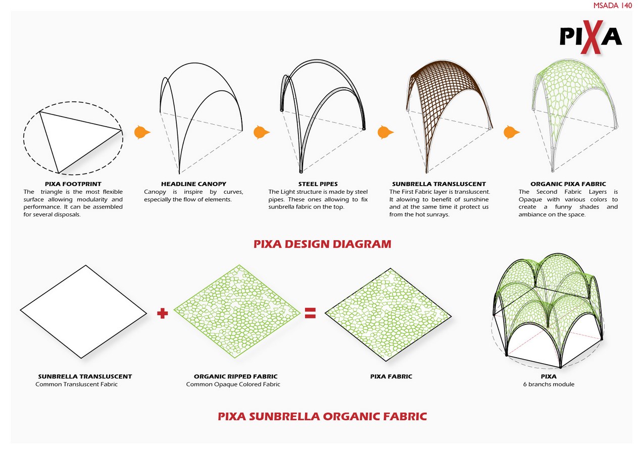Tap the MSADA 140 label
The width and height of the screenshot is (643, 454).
612,6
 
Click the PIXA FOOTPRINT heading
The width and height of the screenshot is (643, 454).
73,184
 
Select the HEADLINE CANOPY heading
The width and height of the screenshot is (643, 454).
193,184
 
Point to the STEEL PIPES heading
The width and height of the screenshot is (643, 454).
318,184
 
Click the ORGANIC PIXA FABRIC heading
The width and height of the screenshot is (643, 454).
568,184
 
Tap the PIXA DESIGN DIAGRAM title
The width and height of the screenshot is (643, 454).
322,244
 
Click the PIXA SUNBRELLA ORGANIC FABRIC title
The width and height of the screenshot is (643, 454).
322,417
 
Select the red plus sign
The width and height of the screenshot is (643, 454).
162,313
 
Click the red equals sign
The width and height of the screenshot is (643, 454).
310,313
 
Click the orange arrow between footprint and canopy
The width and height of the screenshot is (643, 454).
142,133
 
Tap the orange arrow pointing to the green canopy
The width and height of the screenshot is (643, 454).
511,133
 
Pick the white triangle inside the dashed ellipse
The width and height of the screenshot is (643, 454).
76,136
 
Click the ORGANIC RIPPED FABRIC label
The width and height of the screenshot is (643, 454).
235,376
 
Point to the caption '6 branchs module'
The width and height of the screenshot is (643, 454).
549,384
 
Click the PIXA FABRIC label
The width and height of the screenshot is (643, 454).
391,376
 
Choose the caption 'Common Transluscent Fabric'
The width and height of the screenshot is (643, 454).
76,384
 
